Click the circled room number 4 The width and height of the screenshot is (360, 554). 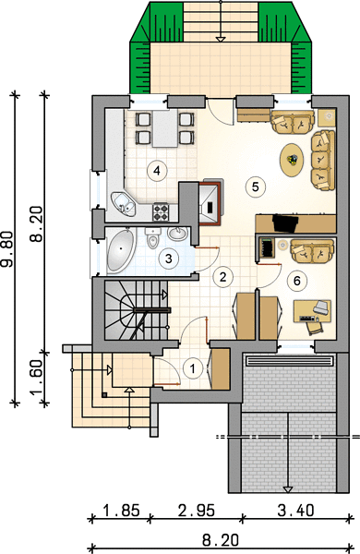[157, 171]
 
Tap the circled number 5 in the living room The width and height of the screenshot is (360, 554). [256, 187]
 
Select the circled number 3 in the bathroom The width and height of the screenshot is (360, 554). [169, 259]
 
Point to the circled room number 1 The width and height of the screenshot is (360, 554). [192, 368]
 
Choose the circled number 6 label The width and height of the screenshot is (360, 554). [296, 281]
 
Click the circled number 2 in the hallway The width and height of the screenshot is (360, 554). [222, 277]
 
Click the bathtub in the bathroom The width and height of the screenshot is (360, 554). [121, 250]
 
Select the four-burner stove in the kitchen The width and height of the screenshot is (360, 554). [161, 212]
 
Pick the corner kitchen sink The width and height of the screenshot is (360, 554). [124, 204]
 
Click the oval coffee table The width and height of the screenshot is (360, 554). [292, 160]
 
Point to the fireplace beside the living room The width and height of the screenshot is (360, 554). [210, 203]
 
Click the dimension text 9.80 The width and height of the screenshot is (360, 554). [7, 248]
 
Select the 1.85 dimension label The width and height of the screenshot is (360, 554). [121, 511]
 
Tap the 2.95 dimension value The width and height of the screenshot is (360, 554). [197, 511]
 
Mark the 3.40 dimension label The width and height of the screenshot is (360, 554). [296, 511]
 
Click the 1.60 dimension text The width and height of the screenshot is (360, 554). [37, 378]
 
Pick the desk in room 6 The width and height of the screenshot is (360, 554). [312, 312]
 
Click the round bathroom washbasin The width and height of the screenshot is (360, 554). [177, 234]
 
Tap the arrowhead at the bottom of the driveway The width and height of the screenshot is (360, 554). [288, 489]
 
